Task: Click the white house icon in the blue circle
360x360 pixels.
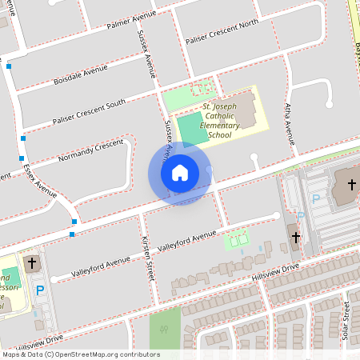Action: pyautogui.click(x=179, y=172)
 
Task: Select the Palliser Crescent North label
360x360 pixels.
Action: pyautogui.click(x=222, y=31)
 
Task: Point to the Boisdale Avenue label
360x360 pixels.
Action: pyautogui.click(x=80, y=74)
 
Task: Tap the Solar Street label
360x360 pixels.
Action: pyautogui.click(x=346, y=320)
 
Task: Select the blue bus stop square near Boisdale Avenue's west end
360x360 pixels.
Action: pyautogui.click(x=9, y=66)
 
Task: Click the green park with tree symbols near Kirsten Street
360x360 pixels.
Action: pyautogui.click(x=165, y=329)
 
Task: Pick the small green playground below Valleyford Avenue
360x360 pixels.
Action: pyautogui.click(x=236, y=238)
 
